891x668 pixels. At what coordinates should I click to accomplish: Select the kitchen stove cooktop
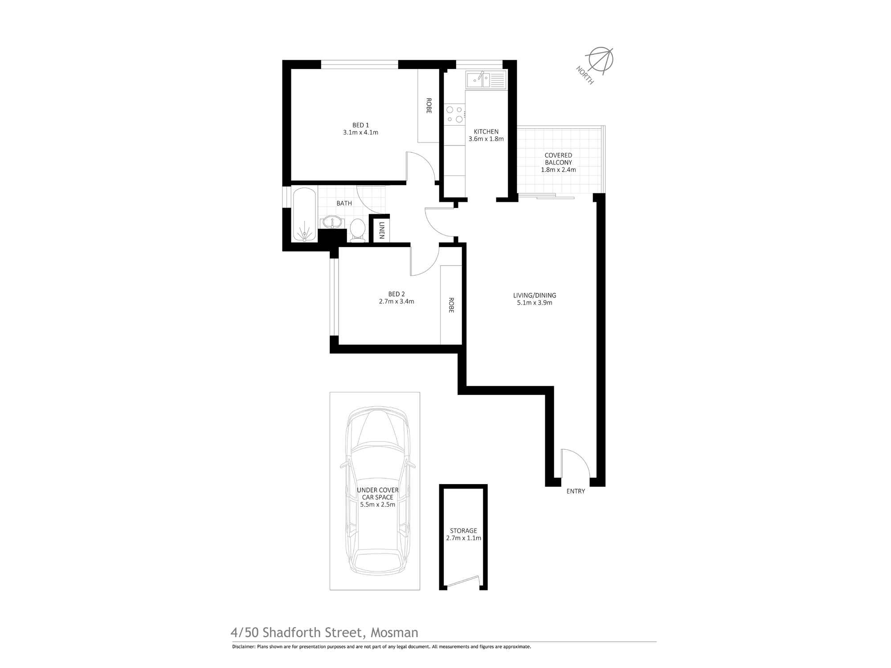click(x=454, y=114)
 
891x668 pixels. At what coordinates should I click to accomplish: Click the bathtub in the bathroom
click(x=305, y=215)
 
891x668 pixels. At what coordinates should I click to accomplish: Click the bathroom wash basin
click(x=331, y=221)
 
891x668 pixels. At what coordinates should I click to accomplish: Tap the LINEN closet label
click(x=382, y=231)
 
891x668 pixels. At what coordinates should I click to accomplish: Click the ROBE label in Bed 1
click(x=429, y=106)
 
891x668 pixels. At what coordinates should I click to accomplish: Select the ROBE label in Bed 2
click(x=451, y=305)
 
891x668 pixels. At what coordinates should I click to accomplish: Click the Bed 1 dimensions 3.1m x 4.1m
click(x=360, y=132)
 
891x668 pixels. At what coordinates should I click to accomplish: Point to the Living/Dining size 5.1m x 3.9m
click(x=534, y=303)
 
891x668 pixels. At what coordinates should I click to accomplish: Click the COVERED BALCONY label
click(x=558, y=159)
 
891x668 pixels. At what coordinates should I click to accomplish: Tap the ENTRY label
click(x=576, y=491)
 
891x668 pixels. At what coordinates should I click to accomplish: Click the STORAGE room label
click(x=463, y=530)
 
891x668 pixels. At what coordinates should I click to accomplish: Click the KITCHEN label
click(x=486, y=131)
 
